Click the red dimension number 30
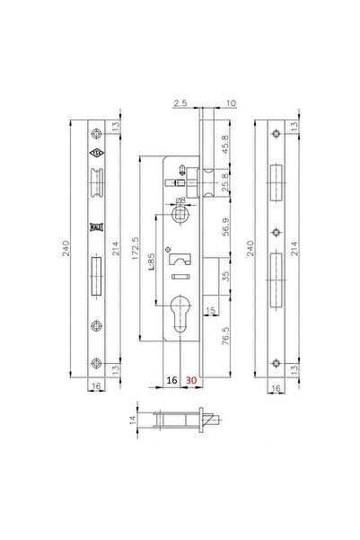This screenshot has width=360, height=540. point(190,381)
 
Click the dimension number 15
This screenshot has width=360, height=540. point(212,311)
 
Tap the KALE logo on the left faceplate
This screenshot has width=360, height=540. point(94,228)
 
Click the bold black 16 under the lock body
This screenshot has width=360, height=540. point(171,381)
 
